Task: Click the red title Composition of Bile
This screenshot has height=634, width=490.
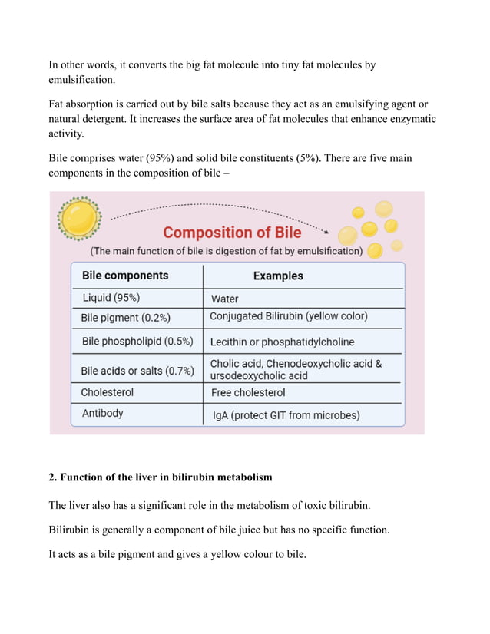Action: [x=233, y=232]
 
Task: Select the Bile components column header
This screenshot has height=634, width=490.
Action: [x=124, y=276]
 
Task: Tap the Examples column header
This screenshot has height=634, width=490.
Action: [x=278, y=276]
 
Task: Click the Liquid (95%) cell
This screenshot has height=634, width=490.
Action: [x=111, y=298]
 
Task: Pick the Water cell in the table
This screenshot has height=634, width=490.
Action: [x=224, y=299]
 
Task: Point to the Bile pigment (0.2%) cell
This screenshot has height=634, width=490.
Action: [x=125, y=317]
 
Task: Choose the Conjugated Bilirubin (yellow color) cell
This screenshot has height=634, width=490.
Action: [x=289, y=316]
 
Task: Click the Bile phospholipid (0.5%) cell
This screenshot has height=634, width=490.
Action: [x=137, y=341]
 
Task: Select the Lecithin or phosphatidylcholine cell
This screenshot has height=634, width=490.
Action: [x=283, y=342]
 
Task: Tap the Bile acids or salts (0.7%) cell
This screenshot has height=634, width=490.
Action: [x=137, y=371]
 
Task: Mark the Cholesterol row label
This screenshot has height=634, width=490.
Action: [x=108, y=392]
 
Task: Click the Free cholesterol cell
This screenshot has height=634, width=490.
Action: [x=248, y=392]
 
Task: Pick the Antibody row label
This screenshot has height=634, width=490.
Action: [x=103, y=414]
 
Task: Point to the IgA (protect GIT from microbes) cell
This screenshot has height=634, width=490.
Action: [x=286, y=415]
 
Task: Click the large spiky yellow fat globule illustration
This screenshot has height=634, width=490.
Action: [x=79, y=218]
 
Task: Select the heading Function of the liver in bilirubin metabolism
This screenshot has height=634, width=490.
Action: [x=166, y=477]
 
